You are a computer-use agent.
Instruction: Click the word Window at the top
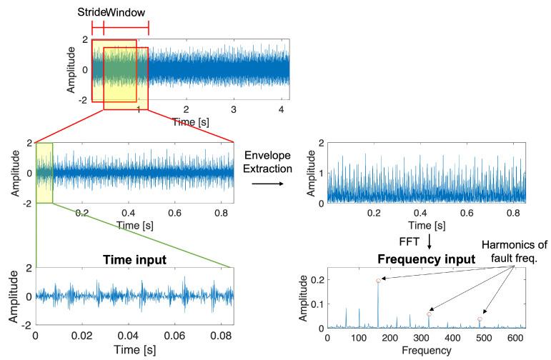point(126,13)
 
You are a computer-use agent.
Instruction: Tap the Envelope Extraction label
point(268,161)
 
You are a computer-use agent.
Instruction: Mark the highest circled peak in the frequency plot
point(379,281)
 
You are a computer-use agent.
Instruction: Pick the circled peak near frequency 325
point(430,314)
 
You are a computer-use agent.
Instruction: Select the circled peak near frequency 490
point(480,319)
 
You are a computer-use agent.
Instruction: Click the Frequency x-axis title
point(427,351)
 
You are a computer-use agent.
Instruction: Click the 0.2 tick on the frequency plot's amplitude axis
point(315,280)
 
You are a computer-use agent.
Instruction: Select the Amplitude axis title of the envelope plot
point(309,174)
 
